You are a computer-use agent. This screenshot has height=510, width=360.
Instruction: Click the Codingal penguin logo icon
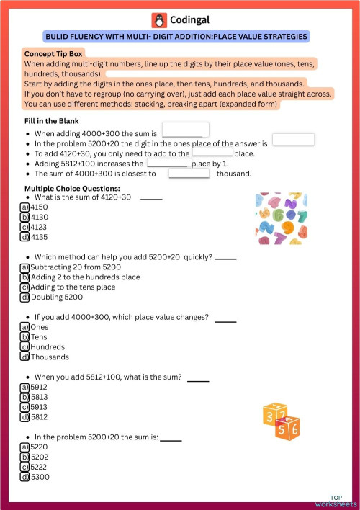click(158, 20)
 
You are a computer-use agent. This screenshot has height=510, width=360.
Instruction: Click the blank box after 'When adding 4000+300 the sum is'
click(185, 130)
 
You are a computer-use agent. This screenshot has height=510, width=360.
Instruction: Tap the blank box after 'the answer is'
click(293, 140)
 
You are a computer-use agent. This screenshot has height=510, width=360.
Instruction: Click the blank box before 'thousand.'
click(189, 173)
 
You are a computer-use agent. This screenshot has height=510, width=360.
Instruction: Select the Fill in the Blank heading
click(51, 120)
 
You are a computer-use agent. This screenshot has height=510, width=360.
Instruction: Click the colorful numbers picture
click(282, 218)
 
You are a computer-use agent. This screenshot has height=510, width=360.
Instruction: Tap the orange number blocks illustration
click(281, 419)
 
